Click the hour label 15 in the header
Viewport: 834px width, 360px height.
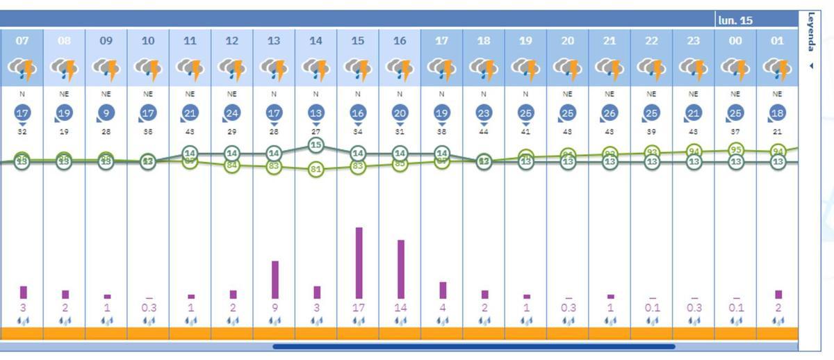357,41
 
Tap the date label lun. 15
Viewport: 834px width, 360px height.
735,20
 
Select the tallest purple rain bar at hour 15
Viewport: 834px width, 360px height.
359,263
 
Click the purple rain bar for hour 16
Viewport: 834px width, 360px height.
400,269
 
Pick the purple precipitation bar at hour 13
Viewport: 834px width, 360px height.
275,279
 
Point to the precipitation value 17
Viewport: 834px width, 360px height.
358,308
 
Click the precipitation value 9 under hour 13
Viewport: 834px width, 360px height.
274,308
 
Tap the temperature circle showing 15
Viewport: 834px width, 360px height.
316,145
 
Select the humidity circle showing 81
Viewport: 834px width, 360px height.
316,169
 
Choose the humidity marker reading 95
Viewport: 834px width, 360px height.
735,149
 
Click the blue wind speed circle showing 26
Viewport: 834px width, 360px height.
610,113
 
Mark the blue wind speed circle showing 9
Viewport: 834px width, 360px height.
106,113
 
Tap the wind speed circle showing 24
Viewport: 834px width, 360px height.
232,113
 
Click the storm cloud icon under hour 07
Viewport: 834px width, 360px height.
22,68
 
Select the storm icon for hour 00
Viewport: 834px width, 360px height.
735,68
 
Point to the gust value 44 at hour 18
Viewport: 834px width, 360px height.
484,131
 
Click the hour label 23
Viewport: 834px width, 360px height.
694,41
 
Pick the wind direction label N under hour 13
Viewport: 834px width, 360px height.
274,94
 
